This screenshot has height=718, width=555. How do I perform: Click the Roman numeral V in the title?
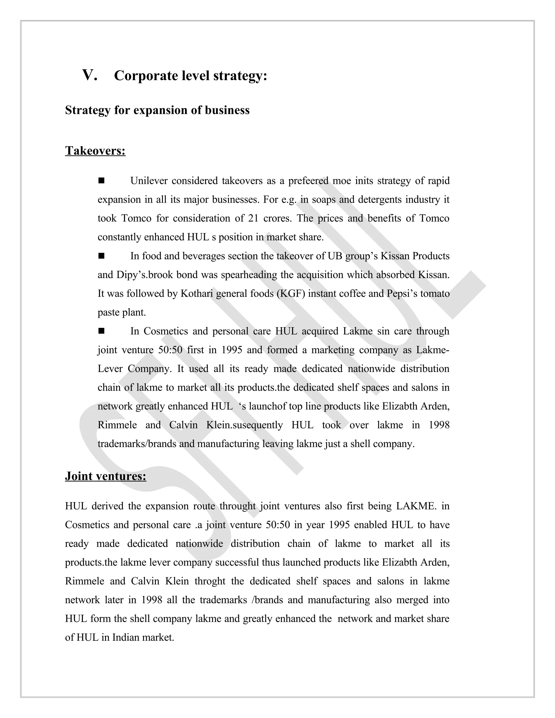coord(90,75)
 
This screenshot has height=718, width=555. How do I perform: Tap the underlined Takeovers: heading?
coord(95,151)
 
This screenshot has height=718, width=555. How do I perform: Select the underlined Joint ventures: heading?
coord(105,476)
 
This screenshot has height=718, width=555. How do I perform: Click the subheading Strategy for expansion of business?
coord(157,110)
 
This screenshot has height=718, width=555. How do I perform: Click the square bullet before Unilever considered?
coord(101,180)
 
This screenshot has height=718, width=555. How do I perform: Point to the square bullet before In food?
coord(101,255)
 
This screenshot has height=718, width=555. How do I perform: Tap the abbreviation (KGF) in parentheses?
coord(291,293)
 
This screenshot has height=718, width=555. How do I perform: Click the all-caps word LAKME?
coord(416,506)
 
